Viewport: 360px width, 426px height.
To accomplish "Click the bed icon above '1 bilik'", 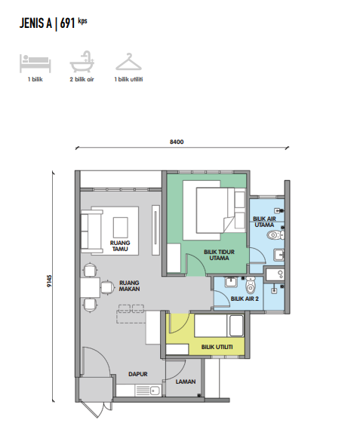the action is (x=35, y=63).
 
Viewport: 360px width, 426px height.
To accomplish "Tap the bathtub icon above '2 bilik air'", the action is (x=82, y=62).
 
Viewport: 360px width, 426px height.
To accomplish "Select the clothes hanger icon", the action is (x=128, y=62).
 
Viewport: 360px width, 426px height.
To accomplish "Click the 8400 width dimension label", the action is (x=177, y=142).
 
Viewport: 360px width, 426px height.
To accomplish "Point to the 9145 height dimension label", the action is (x=49, y=281).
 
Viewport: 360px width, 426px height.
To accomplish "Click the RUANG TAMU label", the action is (x=120, y=246).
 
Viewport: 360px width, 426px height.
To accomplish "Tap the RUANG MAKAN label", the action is (x=129, y=286).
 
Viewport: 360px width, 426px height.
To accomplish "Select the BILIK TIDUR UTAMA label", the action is (x=219, y=255).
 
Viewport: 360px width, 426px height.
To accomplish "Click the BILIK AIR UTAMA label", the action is (x=264, y=222).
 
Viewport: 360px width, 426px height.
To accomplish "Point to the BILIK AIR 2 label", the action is (x=245, y=299).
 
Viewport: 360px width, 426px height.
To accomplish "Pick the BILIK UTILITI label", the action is (x=217, y=347).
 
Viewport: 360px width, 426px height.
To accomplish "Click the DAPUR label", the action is (x=138, y=374).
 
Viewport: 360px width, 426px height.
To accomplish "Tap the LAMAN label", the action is (x=186, y=382).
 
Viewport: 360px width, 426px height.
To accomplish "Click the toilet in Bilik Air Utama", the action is (x=275, y=234).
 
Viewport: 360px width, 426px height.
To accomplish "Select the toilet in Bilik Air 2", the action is (x=251, y=285).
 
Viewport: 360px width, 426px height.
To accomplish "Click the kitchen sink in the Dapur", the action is (x=155, y=391).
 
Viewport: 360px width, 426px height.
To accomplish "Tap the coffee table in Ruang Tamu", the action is (x=121, y=228).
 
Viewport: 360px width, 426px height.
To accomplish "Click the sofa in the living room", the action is (x=91, y=231).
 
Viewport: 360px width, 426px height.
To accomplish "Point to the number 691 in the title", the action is (x=67, y=23).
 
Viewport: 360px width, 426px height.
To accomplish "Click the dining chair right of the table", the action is (x=108, y=287).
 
